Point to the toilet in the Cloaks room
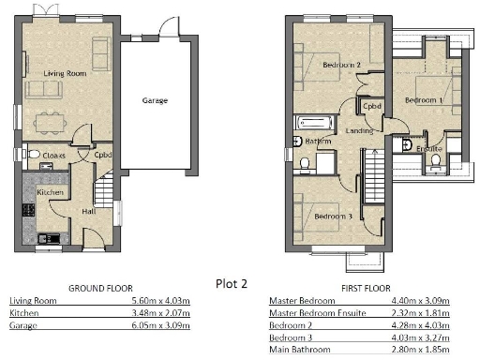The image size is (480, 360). coord(33,155)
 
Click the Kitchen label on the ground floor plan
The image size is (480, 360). coord(49,191)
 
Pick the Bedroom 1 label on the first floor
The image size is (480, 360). coord(424,98)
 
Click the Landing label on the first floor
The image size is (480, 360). coord(360,130)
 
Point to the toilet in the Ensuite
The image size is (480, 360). coord(436,160)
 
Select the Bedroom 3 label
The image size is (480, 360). coord(334,217)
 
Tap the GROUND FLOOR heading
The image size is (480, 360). coord(100,288)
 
